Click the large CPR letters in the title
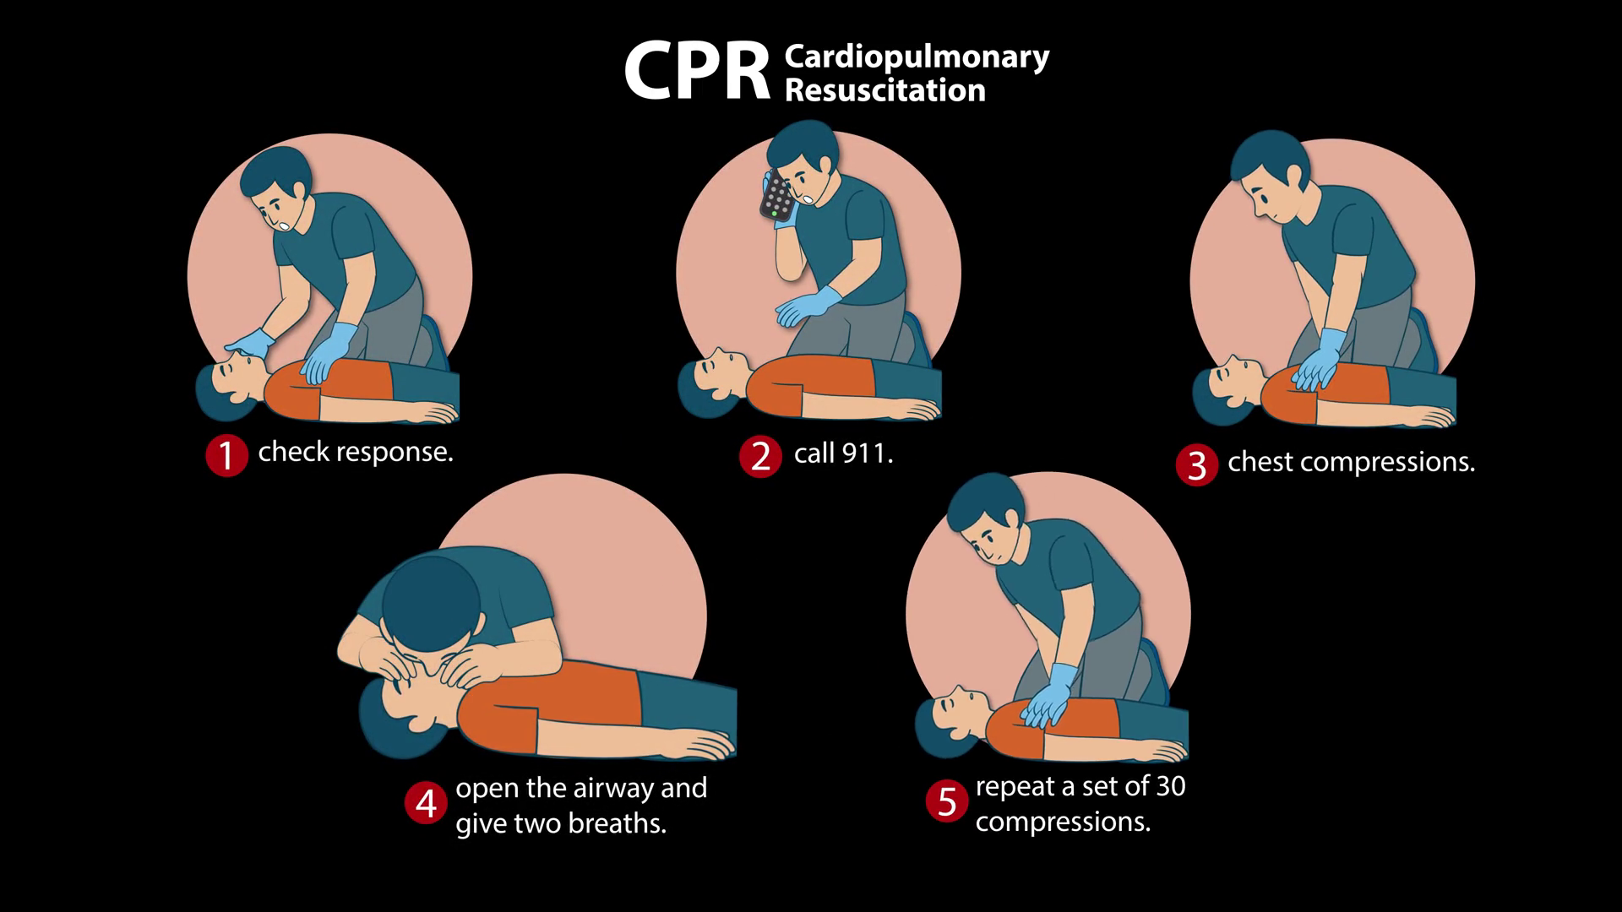coord(697,72)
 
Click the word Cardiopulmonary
coord(917,58)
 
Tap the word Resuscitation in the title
coord(885,90)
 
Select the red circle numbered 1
coord(226,456)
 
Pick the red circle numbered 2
coord(760,457)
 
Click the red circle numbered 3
coord(1196,465)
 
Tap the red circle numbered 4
coord(426,803)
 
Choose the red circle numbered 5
coord(947,801)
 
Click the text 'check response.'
coord(356,452)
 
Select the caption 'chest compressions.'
coord(1351,462)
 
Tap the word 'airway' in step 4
coord(613,788)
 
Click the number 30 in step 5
coord(1170,786)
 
